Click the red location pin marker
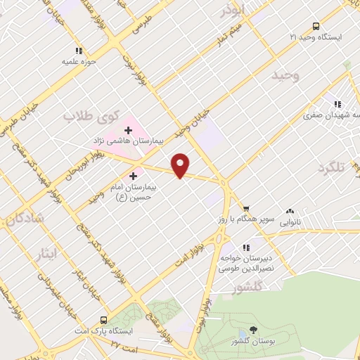181,166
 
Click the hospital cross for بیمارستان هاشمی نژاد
129,129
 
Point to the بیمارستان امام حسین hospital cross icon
134,175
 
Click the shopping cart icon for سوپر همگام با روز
246,209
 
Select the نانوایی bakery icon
289,211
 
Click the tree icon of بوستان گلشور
253,330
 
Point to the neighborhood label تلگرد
333,167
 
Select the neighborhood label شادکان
26,219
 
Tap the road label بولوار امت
191,254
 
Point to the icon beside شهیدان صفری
339,105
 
